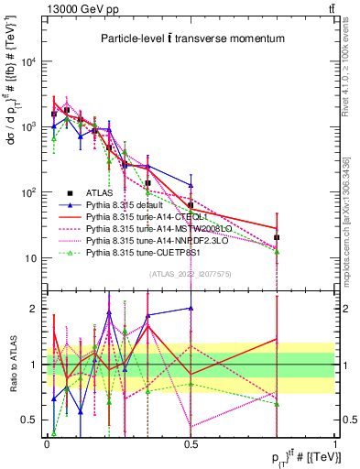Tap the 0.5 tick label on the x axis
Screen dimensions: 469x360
tap(190, 442)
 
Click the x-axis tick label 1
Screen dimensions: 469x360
tap(333, 442)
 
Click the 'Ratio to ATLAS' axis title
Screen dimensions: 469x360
tap(11, 364)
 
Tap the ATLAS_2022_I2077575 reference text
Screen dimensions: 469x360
tap(190, 274)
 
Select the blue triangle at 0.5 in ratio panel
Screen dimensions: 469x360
tap(191, 309)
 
